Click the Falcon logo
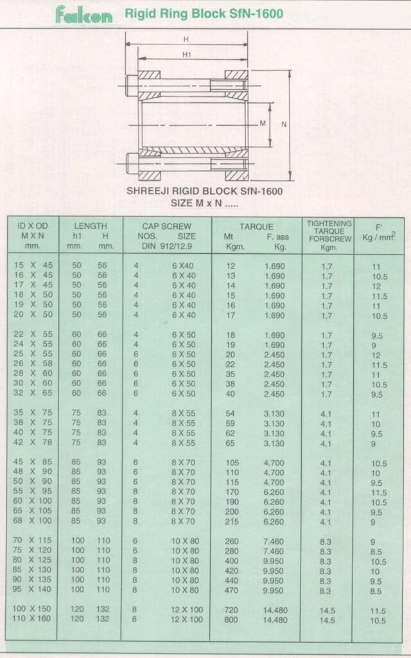[x=83, y=15]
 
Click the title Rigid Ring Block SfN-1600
[x=203, y=13]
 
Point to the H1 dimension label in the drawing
[x=187, y=55]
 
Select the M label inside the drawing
[x=263, y=123]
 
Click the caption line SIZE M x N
[x=204, y=202]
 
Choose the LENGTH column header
[x=90, y=226]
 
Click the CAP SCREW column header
[x=167, y=226]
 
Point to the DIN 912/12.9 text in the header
[x=167, y=245]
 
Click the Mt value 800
[x=231, y=620]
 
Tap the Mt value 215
[x=231, y=521]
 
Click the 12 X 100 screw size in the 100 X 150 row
[x=187, y=610]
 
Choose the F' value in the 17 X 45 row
[x=376, y=286]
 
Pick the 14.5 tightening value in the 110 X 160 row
[x=328, y=620]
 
